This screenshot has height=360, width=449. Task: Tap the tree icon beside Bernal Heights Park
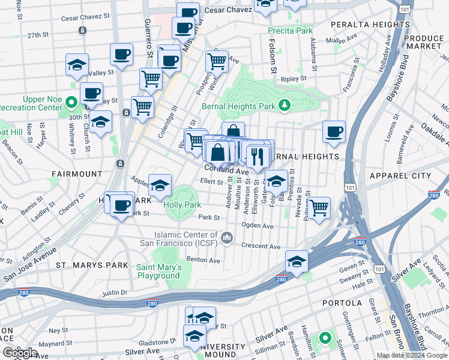(x=285, y=106)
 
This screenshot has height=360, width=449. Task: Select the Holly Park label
(x=182, y=205)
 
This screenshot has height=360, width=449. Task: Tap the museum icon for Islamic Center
(x=227, y=238)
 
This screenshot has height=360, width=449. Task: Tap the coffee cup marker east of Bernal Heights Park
(x=334, y=131)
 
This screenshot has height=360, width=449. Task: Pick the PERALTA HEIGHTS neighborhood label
(x=369, y=25)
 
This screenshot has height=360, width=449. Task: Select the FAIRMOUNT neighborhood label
(x=77, y=174)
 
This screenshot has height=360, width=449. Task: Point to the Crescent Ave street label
(x=261, y=246)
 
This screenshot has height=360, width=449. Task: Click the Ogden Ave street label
(x=257, y=226)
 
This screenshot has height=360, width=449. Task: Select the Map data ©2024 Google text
(x=412, y=355)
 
